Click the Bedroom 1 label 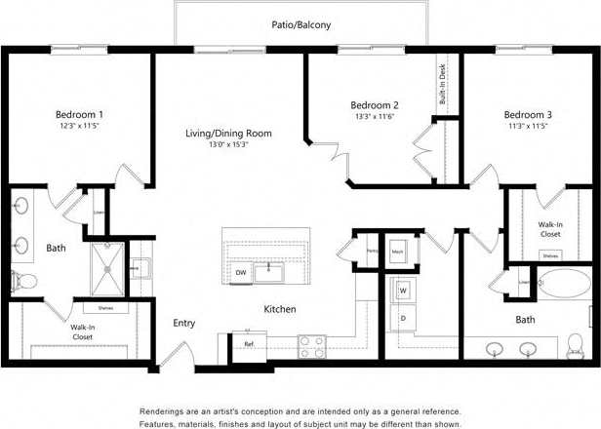click(80, 114)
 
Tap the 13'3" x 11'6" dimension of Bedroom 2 click(375, 116)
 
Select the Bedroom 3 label click(527, 114)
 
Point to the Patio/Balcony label click(300, 24)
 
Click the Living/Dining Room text click(228, 133)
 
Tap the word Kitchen click(280, 309)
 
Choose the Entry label click(184, 323)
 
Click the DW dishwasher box click(240, 273)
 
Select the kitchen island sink click(268, 270)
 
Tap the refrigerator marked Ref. click(249, 344)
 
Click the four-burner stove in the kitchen click(311, 345)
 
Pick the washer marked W click(403, 291)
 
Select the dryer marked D click(403, 318)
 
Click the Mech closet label click(398, 251)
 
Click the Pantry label click(372, 251)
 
